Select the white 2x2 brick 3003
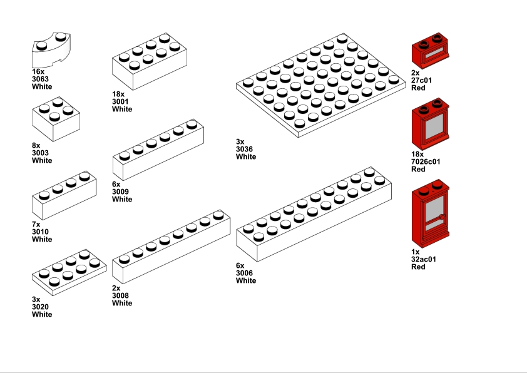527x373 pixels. point(56,119)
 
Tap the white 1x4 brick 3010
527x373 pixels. point(64,195)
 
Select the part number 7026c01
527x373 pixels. point(426,161)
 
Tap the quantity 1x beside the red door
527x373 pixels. point(416,252)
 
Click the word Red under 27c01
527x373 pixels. point(418,88)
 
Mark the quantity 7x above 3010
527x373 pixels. point(36,224)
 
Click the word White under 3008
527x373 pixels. point(122,303)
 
